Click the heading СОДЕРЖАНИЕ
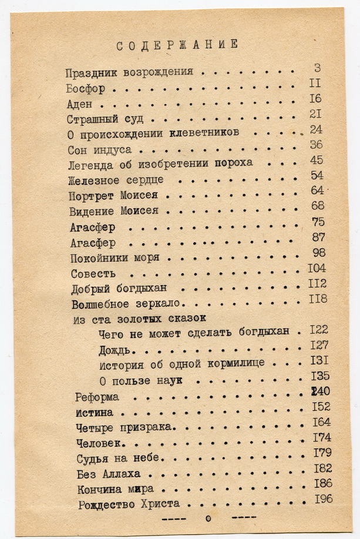177,45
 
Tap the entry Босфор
86,89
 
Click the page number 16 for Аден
315,98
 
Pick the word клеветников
203,133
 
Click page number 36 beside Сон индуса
316,145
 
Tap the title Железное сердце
116,180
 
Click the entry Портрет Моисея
118,195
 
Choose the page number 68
317,206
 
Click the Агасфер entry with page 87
93,243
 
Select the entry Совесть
93,273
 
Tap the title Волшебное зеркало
128,304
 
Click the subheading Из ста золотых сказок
139,319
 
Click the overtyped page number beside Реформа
319,391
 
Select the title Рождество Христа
128,504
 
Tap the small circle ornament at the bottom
207,518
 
